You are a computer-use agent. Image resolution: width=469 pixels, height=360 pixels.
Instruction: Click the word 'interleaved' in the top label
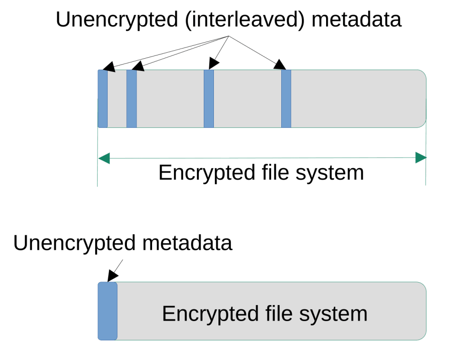coord(245,20)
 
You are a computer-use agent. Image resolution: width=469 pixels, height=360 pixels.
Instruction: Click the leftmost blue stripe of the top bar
coord(103,98)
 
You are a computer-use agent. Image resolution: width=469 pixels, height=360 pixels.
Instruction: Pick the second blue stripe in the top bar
coord(131,98)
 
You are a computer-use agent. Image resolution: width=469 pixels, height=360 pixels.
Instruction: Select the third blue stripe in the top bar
coord(209,98)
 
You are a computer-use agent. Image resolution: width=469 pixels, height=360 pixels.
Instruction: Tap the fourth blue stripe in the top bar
coord(286,98)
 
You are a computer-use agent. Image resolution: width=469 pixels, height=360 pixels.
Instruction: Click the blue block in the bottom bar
coord(108,311)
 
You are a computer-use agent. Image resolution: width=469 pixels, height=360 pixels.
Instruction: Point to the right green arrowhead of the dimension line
coord(420,158)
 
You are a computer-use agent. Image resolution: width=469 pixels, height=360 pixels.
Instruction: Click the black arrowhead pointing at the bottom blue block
coord(112,276)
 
